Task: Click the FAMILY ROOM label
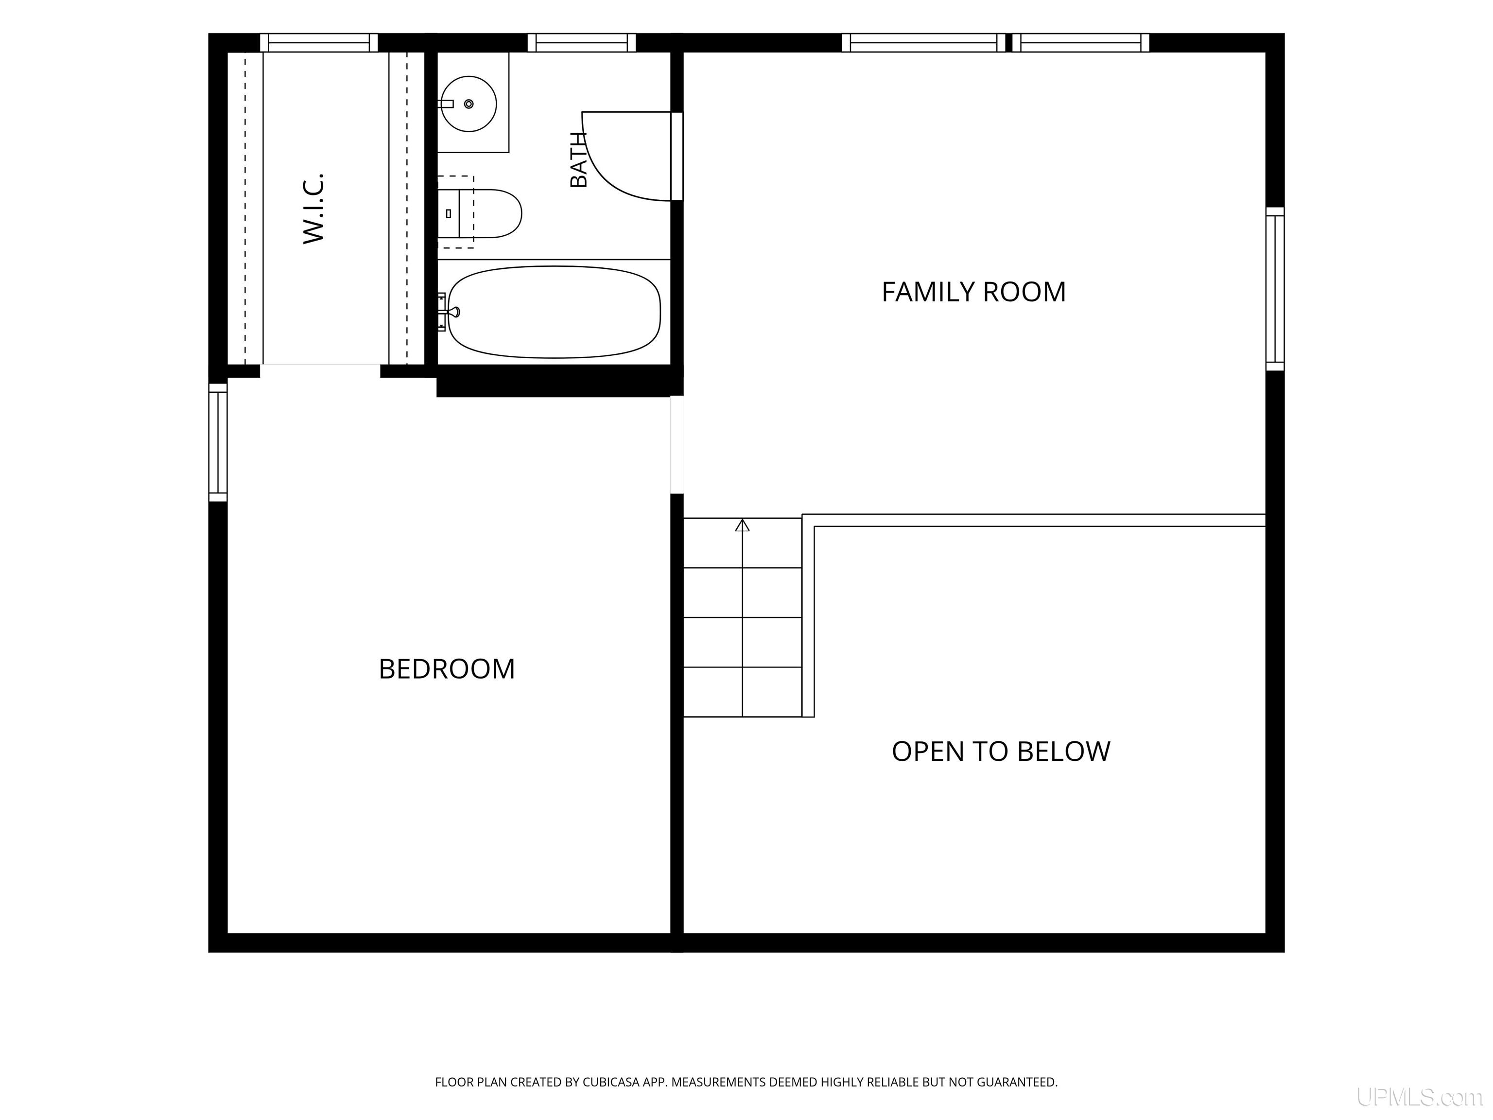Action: (973, 292)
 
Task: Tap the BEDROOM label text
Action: (447, 669)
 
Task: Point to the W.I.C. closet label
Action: (314, 208)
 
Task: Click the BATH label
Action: (578, 159)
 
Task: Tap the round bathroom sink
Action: (469, 104)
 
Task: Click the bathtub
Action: (554, 312)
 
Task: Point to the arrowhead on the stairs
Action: (743, 525)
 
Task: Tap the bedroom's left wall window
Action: (218, 442)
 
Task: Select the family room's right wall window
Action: (1275, 289)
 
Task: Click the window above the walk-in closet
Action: (319, 42)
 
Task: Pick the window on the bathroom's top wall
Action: (582, 42)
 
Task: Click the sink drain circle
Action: (469, 104)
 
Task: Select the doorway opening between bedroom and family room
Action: (677, 444)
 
